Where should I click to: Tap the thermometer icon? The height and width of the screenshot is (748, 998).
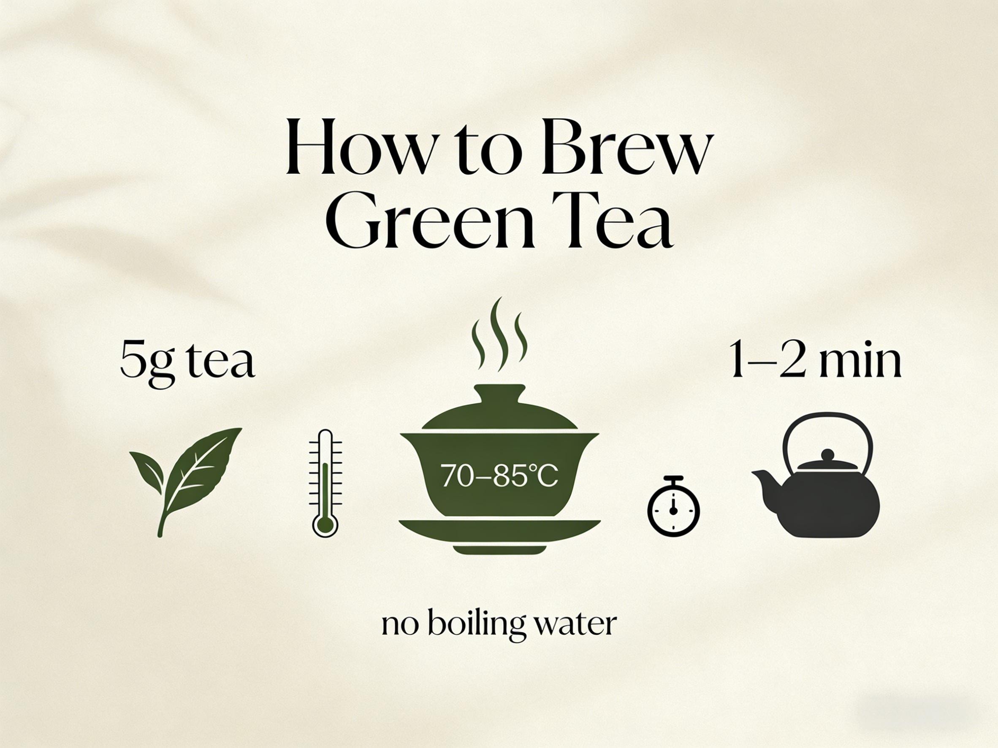(x=325, y=483)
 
